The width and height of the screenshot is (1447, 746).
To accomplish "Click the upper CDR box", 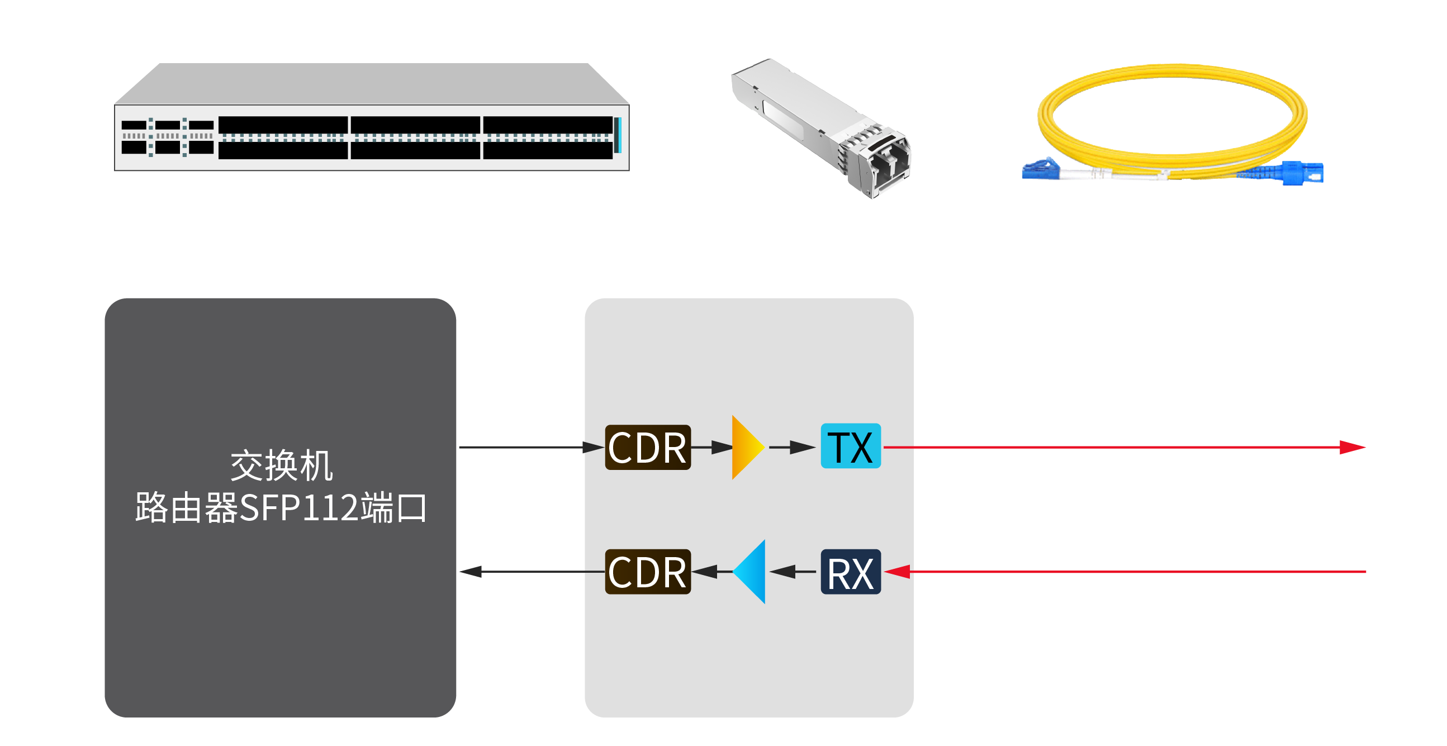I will pos(647,447).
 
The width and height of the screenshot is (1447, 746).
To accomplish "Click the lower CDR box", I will pos(647,572).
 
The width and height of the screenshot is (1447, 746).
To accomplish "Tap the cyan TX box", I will pos(851,446).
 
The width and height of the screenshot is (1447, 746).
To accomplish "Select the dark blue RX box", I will pos(851,572).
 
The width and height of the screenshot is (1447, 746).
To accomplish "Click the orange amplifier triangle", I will pos(746,447).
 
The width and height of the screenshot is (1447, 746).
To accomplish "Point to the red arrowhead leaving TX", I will pos(1351,447).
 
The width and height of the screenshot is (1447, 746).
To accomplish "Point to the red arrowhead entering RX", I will pos(897,572).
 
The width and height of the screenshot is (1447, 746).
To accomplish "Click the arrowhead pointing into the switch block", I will pos(471,572).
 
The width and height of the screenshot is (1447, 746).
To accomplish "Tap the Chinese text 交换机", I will pos(282,465).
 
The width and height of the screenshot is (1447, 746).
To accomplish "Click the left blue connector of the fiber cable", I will pos(1040,169).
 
